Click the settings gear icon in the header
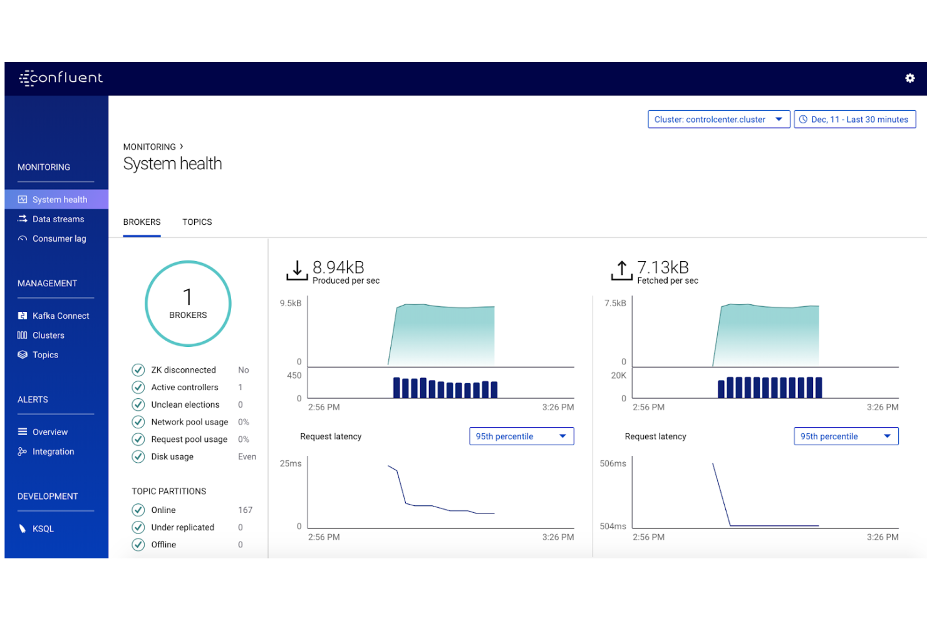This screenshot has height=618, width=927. pos(909,78)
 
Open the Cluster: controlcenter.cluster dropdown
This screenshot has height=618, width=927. pos(718,120)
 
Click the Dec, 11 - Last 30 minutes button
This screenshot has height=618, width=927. pos(854,120)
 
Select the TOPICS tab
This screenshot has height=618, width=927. pos(197,222)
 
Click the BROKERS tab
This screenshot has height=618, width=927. pos(142,222)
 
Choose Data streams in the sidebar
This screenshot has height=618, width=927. pos(58,219)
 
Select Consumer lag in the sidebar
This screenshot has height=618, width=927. pos(59,239)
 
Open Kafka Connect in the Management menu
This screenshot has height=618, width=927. pos(60,316)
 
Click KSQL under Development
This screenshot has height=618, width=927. pos(43,529)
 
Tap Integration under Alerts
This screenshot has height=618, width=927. pos(53,451)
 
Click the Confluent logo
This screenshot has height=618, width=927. pos(61,78)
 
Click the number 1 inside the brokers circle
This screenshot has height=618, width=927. pos(187,297)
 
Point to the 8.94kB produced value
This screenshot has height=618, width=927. pos(338,267)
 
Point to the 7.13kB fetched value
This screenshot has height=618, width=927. pos(663,267)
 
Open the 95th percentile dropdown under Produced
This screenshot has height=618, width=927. pos(521,436)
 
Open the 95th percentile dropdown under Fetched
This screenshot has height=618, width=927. pos(846,436)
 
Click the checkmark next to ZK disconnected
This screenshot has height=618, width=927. pos(138,370)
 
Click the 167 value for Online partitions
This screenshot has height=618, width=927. pos(245,510)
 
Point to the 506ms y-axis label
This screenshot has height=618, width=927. pos(613,464)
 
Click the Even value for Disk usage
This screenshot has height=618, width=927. pos(247,457)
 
